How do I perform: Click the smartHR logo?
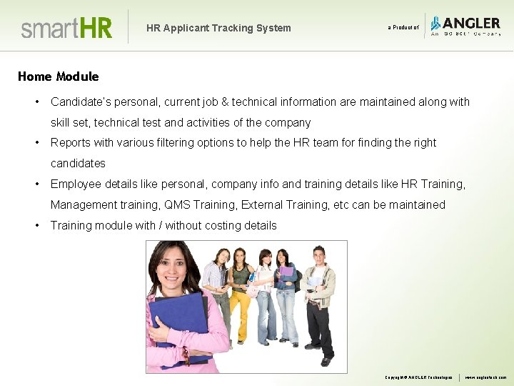66,28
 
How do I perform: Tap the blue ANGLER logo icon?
435,24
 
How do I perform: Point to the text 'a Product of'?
403,28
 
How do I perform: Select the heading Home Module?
58,76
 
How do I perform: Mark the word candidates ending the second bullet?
78,164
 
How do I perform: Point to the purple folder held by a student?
286,272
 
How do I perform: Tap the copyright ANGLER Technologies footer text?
418,377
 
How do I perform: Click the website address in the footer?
485,377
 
